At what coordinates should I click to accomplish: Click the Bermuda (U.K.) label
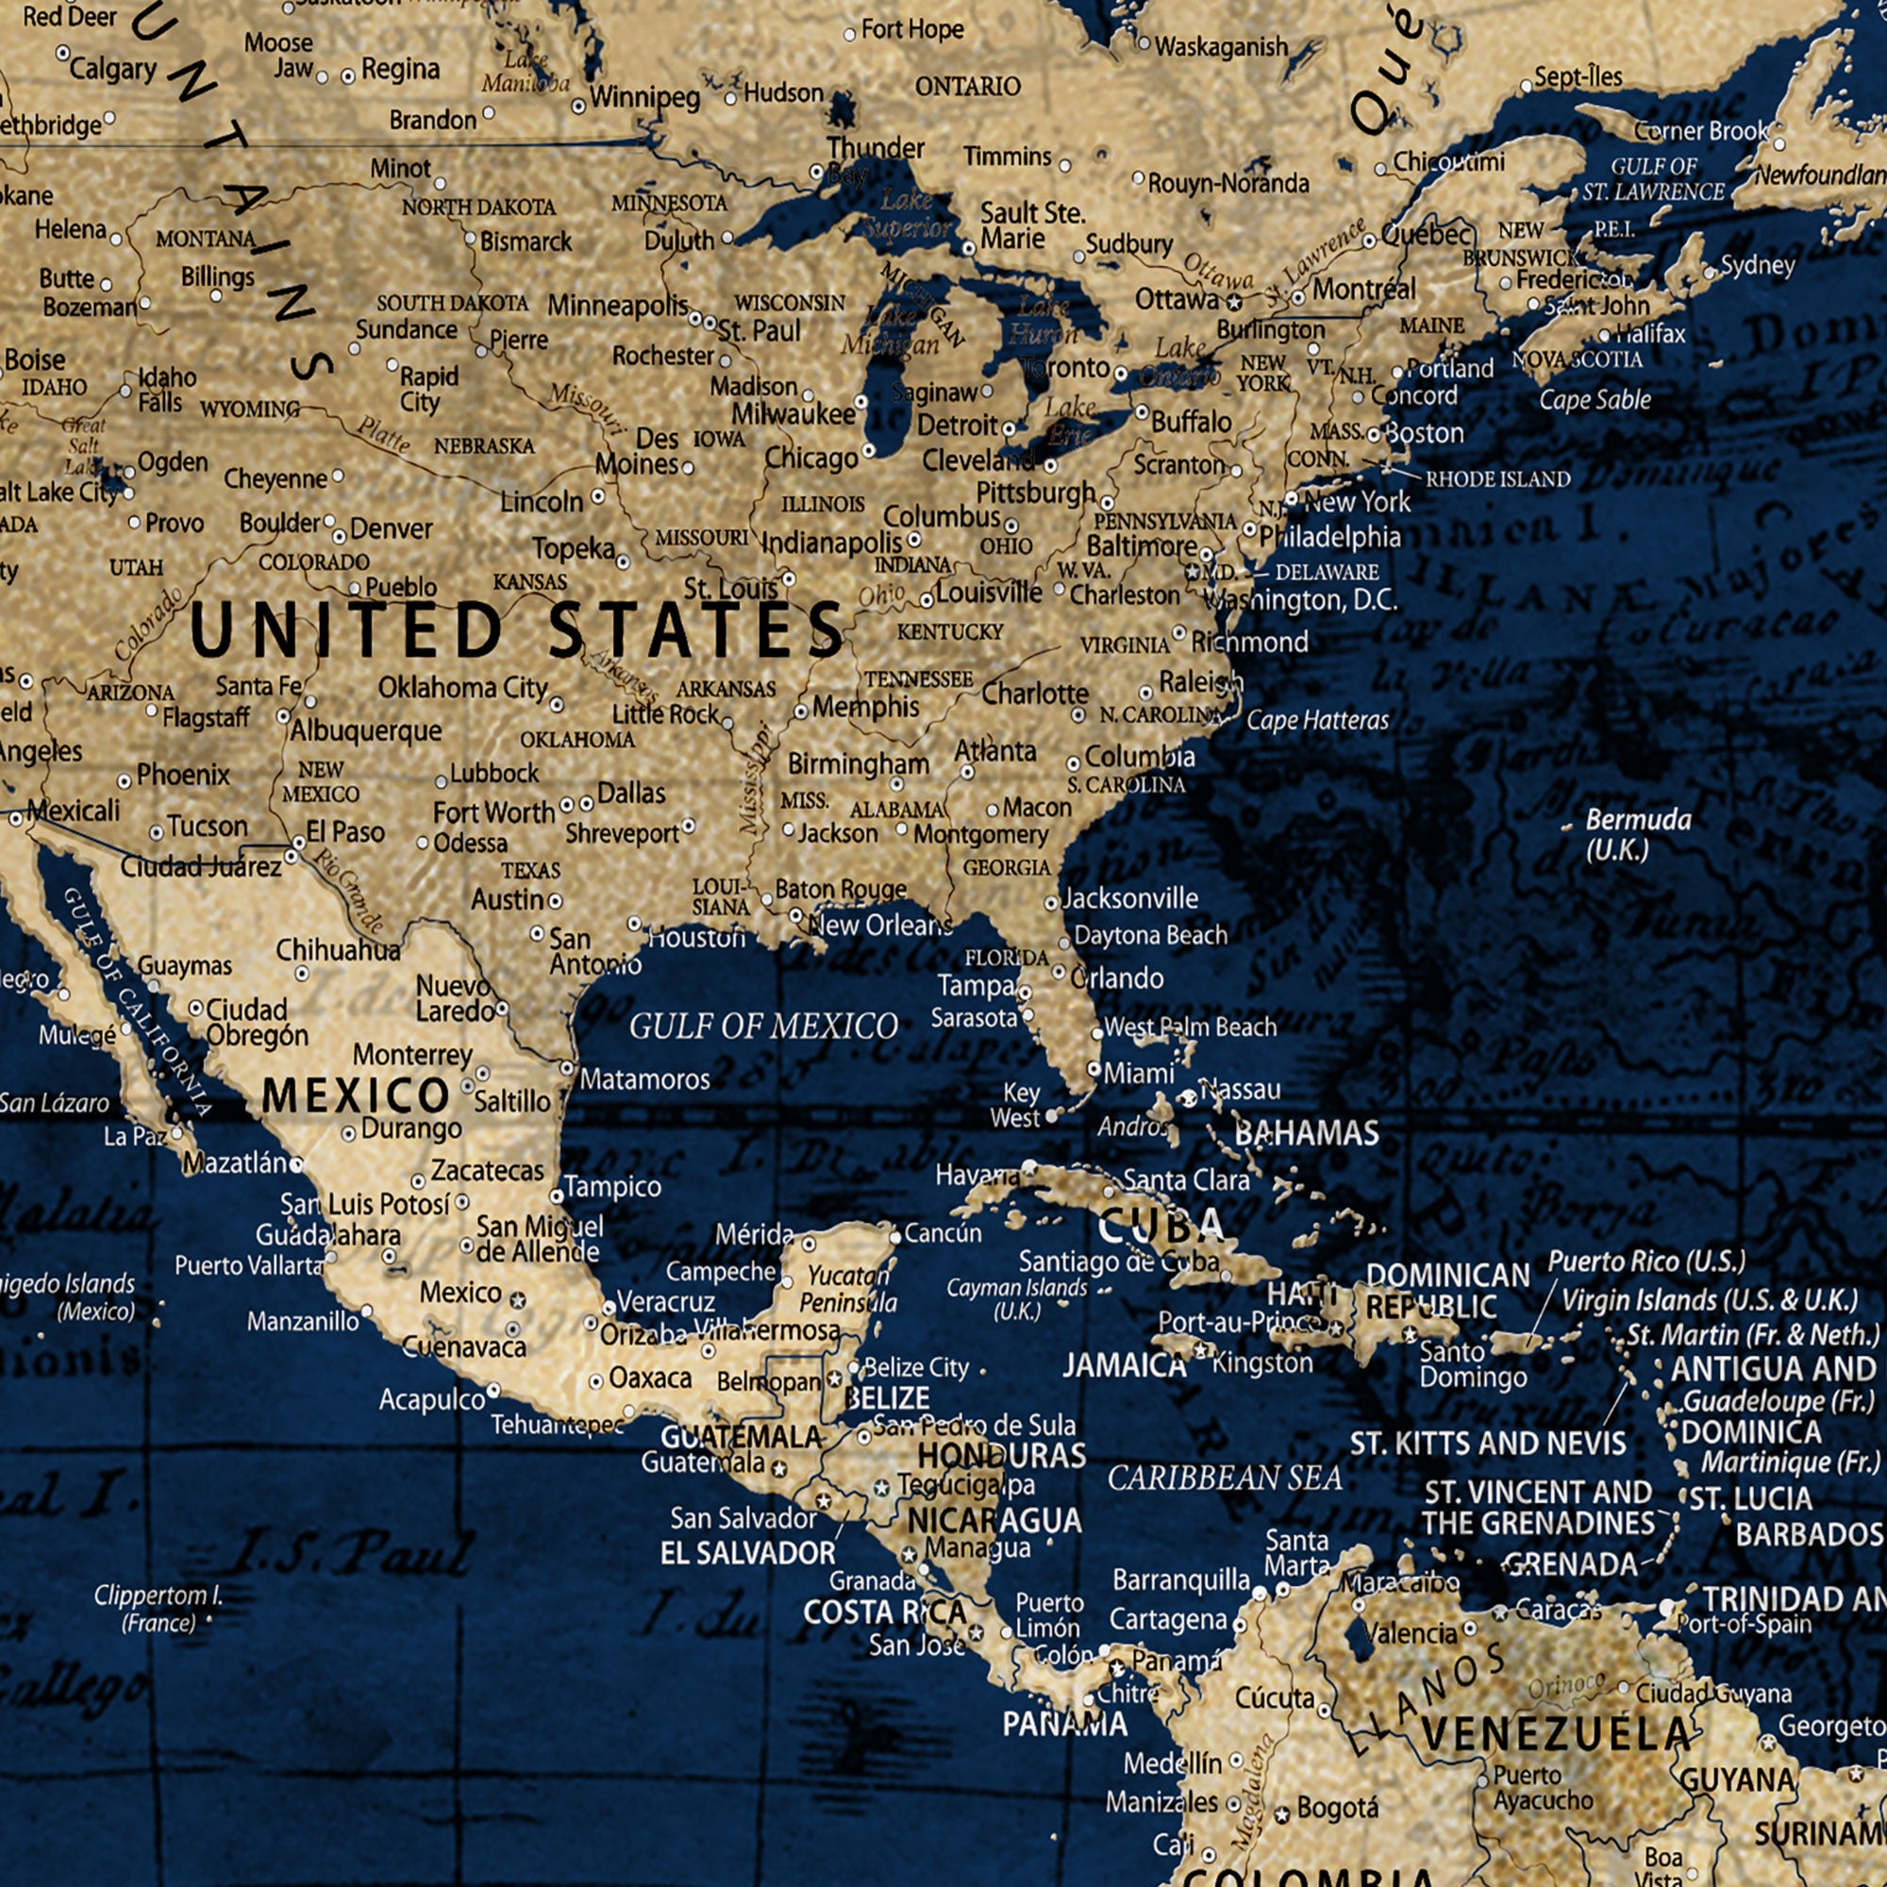coord(1638,835)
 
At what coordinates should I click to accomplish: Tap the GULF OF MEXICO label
coord(762,1027)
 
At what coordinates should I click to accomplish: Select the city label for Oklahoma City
coord(463,688)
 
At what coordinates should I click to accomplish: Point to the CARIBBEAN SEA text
coord(1225,1478)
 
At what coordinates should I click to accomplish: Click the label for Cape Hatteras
coord(1317,721)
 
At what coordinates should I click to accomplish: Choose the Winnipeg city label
coord(644,98)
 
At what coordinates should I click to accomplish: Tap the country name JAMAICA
coord(1125,1365)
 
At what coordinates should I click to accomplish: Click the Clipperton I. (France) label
coord(159,1609)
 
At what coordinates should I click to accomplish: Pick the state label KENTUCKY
coord(949,632)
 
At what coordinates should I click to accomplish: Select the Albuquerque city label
coord(365,730)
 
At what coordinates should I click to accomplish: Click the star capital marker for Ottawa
coord(1233,302)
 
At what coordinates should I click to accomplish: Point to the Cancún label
coord(943,1232)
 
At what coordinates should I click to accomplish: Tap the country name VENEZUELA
coord(1555,1735)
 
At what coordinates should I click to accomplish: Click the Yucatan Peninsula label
coord(845,1289)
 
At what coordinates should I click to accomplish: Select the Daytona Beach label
coord(1150,935)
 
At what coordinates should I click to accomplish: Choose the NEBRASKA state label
coord(484,446)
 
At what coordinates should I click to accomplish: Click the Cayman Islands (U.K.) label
coord(1017,1299)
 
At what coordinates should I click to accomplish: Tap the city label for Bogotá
coord(1337,1808)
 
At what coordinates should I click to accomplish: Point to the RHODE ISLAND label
coord(1497,479)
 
